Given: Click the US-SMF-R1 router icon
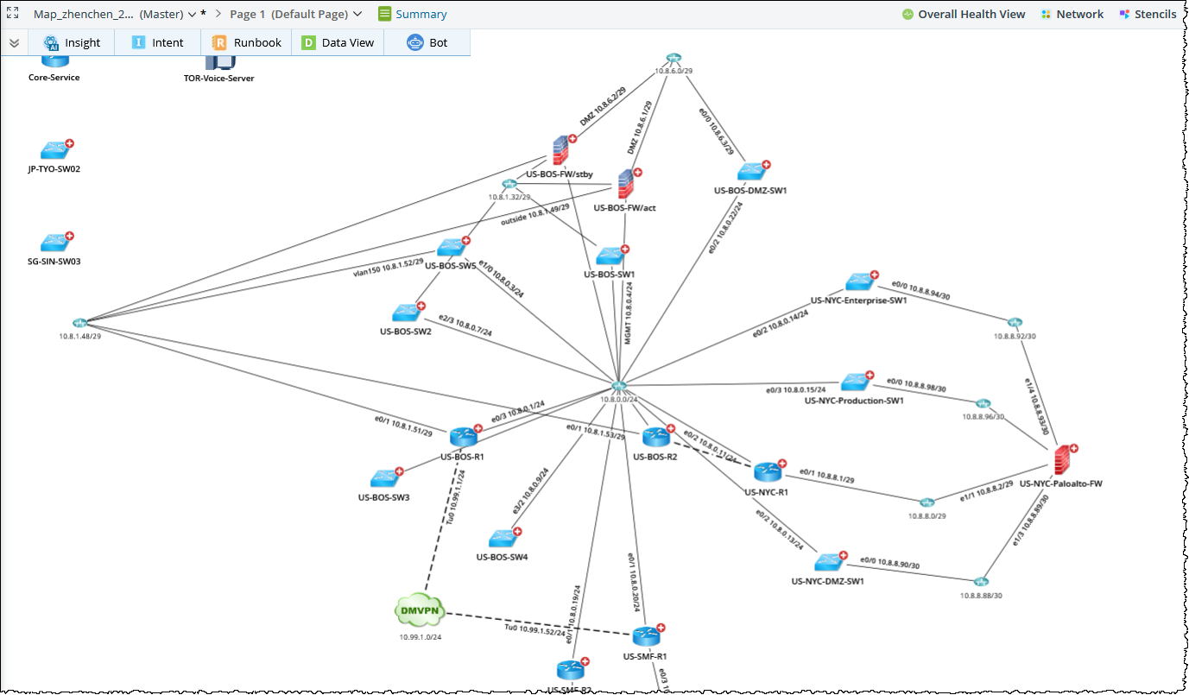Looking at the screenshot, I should click(x=646, y=637).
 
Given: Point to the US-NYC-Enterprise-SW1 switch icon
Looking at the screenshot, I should click(x=859, y=281).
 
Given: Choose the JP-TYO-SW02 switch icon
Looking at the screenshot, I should click(x=54, y=150).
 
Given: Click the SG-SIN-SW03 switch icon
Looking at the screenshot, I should click(x=54, y=243).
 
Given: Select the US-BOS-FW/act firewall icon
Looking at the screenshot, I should click(x=625, y=185).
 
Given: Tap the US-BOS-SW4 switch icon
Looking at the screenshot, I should click(x=502, y=539).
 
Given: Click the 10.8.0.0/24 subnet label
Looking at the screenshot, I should click(x=618, y=400).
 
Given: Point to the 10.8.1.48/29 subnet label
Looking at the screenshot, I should click(x=80, y=336).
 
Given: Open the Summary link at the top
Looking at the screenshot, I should click(x=421, y=14).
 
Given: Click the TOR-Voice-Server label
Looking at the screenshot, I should click(x=218, y=78).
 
